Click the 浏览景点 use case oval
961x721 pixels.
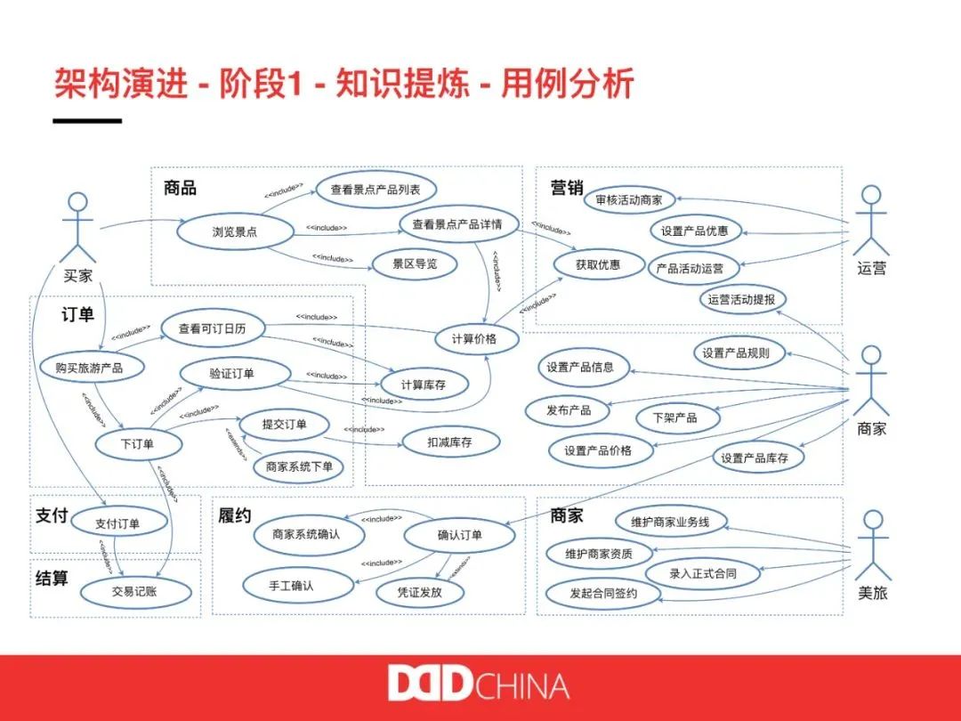click(x=235, y=231)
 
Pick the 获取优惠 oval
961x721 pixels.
click(x=598, y=264)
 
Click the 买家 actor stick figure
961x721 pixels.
click(x=78, y=227)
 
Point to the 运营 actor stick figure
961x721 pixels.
click(x=871, y=221)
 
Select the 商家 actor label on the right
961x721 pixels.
click(x=871, y=428)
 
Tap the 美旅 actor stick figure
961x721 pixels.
click(x=872, y=545)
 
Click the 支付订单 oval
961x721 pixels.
click(x=117, y=523)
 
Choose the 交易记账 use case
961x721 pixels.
click(x=134, y=590)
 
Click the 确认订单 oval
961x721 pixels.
click(x=459, y=535)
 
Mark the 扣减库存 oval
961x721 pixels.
click(x=449, y=442)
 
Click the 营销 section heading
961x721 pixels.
click(x=567, y=188)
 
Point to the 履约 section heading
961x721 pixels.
click(x=234, y=515)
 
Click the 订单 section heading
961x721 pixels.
click(x=78, y=314)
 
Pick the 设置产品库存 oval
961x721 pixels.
click(x=755, y=458)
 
